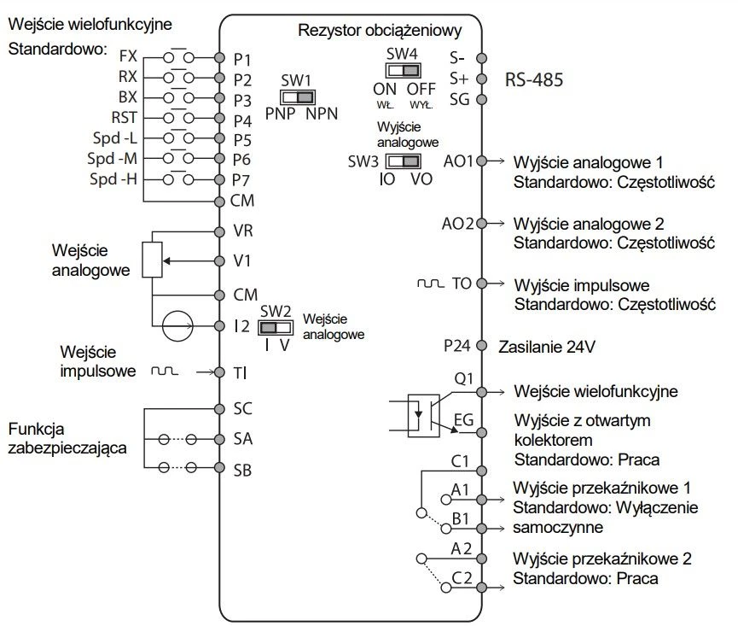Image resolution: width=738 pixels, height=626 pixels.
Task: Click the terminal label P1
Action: click(x=243, y=59)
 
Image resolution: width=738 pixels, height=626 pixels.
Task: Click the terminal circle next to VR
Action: click(x=220, y=231)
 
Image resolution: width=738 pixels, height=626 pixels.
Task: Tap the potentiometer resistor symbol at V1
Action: click(x=152, y=260)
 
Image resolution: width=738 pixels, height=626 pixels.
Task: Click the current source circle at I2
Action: click(x=178, y=326)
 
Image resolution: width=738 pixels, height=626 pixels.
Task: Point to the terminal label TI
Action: click(x=240, y=373)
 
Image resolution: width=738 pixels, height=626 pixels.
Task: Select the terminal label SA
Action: click(x=243, y=438)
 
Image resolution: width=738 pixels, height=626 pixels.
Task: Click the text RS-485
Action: click(x=535, y=80)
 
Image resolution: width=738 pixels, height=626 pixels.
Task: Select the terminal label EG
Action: click(x=463, y=420)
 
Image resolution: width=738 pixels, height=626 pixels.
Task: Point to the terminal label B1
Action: click(x=462, y=518)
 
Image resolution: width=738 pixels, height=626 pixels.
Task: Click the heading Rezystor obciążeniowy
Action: click(x=380, y=32)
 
